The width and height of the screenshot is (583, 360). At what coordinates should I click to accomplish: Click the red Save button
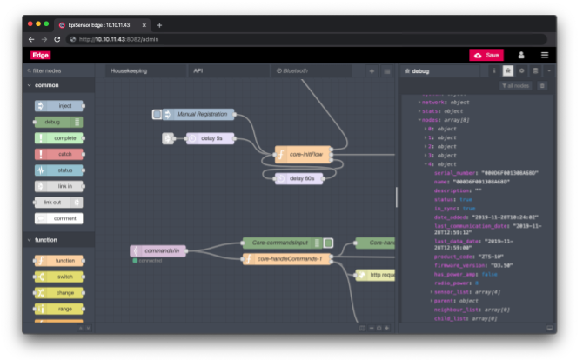click(x=486, y=55)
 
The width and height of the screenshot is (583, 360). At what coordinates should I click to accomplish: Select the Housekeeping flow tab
click(x=129, y=70)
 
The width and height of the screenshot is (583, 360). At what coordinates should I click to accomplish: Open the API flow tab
click(x=198, y=70)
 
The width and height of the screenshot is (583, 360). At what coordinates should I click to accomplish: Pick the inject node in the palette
click(x=59, y=106)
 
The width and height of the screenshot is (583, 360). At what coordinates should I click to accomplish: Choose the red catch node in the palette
click(x=59, y=154)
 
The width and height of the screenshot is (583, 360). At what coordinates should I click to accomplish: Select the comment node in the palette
click(x=59, y=218)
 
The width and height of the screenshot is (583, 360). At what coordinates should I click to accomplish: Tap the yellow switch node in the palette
click(x=59, y=277)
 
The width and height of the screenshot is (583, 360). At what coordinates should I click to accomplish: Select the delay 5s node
click(x=209, y=137)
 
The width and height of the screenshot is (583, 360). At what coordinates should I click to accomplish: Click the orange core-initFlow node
click(x=303, y=155)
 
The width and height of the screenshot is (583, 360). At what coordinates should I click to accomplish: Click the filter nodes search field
click(x=59, y=70)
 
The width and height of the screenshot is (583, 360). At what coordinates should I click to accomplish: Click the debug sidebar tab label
click(x=420, y=70)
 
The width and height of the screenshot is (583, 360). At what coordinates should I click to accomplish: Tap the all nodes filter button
click(x=516, y=85)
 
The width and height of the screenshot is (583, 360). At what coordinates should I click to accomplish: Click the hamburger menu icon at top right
click(x=545, y=55)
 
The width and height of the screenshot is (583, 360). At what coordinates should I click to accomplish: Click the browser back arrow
click(x=31, y=39)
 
